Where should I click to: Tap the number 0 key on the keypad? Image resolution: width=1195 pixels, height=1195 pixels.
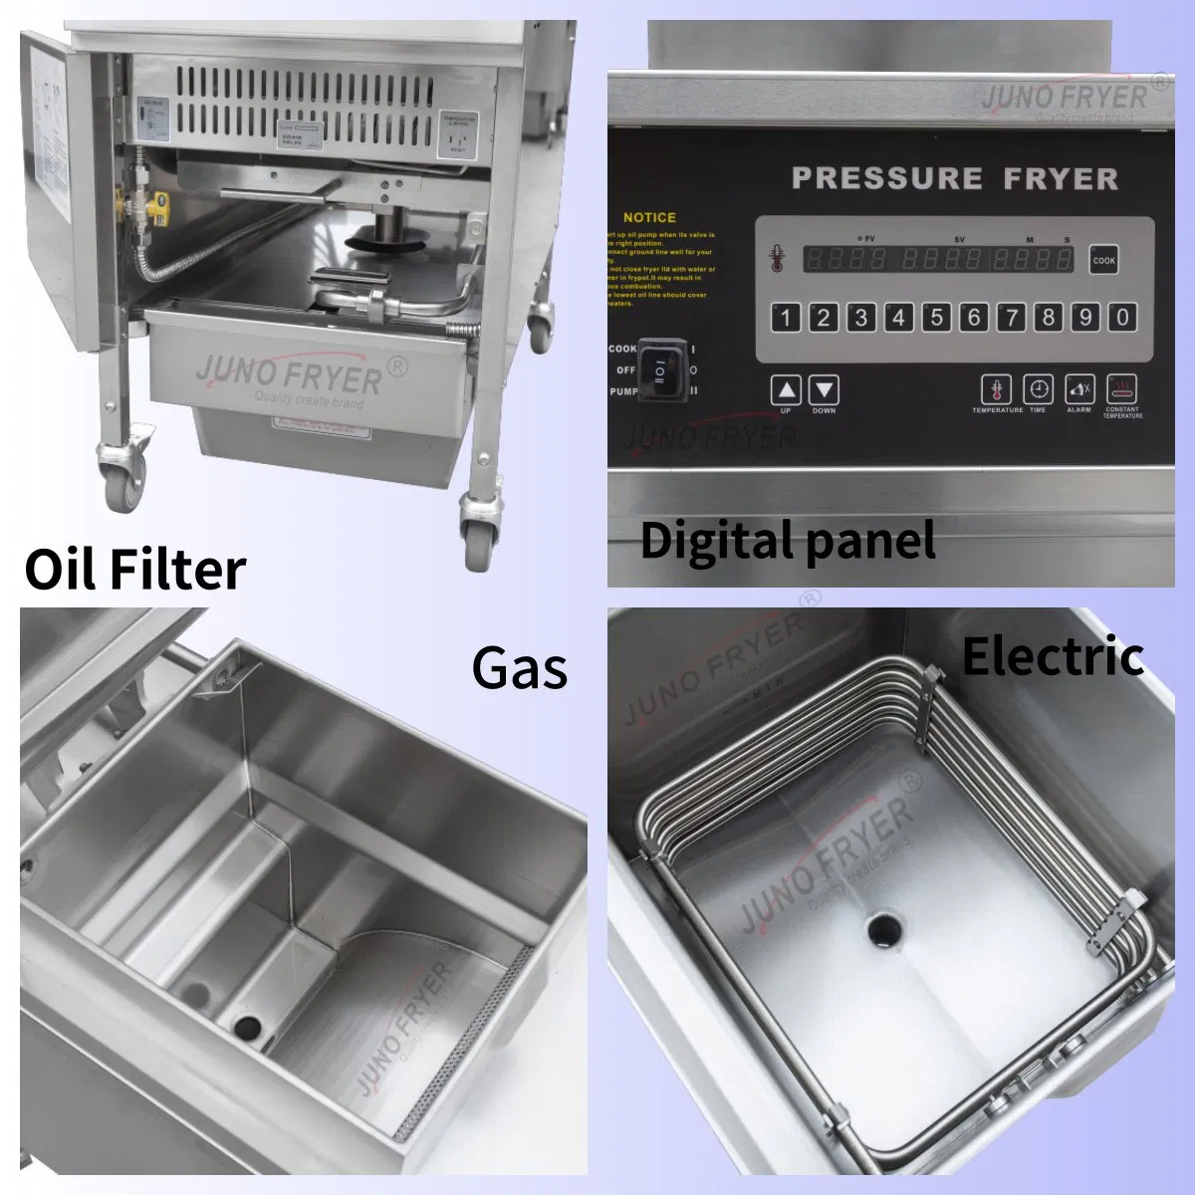1122,317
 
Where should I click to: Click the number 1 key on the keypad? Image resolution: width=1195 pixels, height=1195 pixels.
786,317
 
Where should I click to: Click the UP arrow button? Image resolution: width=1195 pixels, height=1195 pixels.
787,390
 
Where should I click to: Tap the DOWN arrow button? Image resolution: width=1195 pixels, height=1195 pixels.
824,390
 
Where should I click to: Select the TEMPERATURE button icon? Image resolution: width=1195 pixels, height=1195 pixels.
996,389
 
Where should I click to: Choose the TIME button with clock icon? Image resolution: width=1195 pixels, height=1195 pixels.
1038,389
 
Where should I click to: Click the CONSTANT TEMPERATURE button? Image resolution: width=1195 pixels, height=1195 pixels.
1122,389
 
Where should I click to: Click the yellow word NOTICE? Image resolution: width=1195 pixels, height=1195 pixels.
649,217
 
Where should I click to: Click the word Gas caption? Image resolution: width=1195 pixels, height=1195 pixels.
520,668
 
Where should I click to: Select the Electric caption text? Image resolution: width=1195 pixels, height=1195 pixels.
1053,656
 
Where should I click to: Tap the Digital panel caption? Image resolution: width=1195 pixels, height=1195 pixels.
788,541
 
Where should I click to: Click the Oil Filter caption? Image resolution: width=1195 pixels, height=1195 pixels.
135,569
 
